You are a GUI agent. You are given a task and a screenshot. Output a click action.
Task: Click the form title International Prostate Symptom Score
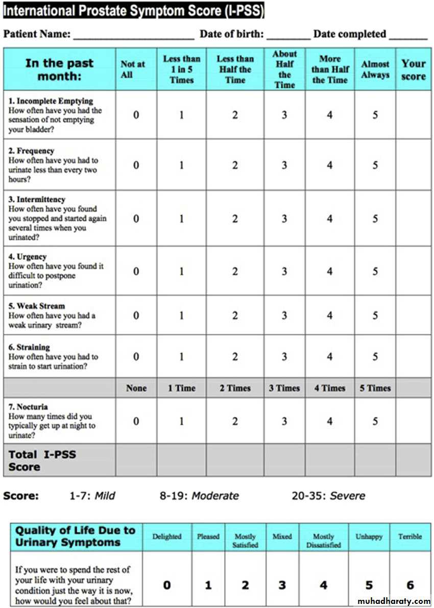point(133,10)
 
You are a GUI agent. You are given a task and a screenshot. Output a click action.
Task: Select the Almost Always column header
point(375,69)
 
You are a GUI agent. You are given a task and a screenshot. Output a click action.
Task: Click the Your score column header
point(413,69)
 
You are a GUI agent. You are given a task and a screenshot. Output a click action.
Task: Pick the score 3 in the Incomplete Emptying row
point(284,115)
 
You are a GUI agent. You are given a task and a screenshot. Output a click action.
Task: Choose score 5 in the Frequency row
point(375,165)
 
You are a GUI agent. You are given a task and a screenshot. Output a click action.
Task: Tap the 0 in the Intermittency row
point(136,218)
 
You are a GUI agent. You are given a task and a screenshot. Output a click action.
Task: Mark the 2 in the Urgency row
point(235,271)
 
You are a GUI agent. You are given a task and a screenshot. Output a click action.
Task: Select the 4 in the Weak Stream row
point(330,315)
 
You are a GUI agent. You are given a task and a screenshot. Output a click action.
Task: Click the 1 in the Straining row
point(181,356)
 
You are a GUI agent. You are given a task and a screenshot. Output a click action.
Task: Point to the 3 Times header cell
point(284,388)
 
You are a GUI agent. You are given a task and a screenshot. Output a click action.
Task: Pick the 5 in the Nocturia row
point(375,421)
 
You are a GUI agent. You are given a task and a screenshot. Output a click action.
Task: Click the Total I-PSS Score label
point(42,460)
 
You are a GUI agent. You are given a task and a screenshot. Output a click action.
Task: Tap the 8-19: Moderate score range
point(199,496)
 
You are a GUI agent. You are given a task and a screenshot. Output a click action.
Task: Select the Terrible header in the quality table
point(410,537)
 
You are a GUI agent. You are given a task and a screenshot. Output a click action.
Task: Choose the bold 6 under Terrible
point(410,585)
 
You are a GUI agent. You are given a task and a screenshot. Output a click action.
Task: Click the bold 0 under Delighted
point(167,585)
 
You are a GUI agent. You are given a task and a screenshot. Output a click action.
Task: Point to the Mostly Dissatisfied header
point(323,541)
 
